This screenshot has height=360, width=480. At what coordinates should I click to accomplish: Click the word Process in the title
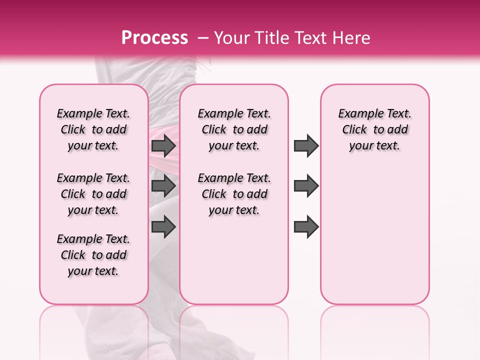154,37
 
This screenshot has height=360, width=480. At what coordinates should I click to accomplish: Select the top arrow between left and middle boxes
163,145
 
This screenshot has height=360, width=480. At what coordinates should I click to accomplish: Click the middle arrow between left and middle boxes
163,186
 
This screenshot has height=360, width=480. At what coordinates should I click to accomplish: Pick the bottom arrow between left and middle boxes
163,226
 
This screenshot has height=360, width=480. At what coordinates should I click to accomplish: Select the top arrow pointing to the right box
306,145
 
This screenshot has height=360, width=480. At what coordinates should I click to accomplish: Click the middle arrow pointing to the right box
306,186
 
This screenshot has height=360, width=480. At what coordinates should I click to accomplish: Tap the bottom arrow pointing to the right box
306,226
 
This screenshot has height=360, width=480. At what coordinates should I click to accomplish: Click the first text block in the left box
93,129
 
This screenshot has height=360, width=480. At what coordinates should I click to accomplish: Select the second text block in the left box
93,194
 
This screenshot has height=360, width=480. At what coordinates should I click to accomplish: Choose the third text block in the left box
93,255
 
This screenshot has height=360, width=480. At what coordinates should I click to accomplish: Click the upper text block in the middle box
234,129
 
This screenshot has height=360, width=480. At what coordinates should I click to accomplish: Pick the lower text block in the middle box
234,194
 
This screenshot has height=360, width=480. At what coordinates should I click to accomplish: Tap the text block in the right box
374,129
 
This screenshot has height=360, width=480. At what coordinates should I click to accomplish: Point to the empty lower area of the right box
374,240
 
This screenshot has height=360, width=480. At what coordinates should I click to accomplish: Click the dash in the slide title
203,38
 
